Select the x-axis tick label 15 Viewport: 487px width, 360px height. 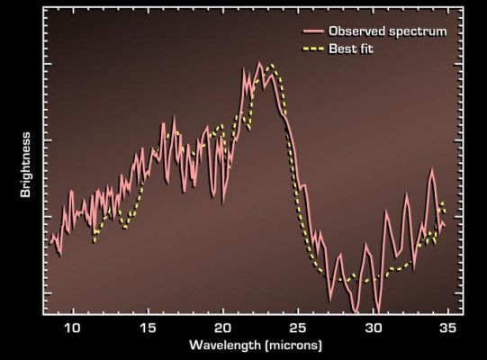coord(149,327)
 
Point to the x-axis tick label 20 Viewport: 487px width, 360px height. coord(224,327)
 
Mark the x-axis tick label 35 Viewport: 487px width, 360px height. coord(451,327)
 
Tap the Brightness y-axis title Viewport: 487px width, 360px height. coord(27,165)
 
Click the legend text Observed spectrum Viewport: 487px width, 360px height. coord(387,31)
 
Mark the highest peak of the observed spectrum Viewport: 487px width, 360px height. coord(259,63)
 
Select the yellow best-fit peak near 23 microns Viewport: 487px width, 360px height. coord(270,66)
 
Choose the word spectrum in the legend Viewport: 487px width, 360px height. coord(418,31)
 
